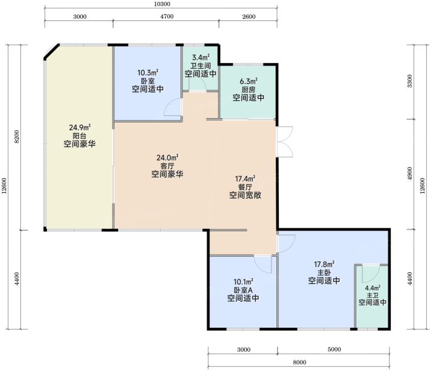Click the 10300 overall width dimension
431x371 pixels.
(162, 4)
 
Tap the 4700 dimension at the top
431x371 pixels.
(167, 17)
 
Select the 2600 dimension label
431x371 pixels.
(249, 17)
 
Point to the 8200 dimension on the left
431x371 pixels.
(17, 137)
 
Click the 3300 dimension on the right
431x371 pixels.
(410, 81)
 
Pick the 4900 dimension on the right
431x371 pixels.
(410, 173)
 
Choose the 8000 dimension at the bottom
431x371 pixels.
(299, 362)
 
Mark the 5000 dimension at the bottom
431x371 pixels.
(335, 349)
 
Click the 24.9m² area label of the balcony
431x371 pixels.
(80, 127)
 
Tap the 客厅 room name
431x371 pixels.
(167, 166)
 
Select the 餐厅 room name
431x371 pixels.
(245, 187)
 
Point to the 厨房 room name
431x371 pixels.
(249, 90)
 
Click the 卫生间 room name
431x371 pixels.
(200, 66)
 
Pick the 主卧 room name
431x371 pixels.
(324, 273)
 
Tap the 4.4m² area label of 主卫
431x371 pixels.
(372, 288)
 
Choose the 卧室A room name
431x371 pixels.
(243, 290)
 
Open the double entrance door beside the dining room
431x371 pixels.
(285, 142)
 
